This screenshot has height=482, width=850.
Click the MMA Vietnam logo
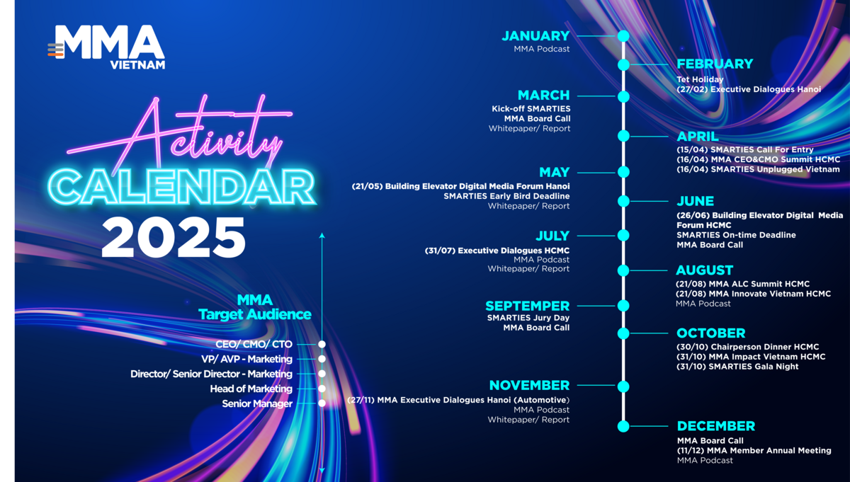tap(106, 47)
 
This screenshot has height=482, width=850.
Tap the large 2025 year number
tap(174, 238)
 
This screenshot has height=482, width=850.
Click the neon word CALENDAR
tap(181, 187)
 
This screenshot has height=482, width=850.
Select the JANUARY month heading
tap(535, 36)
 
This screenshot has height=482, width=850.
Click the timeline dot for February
tap(623, 65)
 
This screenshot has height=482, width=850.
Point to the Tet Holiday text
tap(700, 79)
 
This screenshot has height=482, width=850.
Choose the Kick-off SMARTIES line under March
tap(531, 109)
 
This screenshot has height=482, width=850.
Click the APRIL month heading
tap(698, 137)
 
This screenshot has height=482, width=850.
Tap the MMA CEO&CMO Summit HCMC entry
tap(758, 160)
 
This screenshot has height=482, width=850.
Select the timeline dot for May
tap(623, 172)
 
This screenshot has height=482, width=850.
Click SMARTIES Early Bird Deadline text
tap(506, 196)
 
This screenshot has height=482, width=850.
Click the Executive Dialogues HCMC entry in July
tap(497, 251)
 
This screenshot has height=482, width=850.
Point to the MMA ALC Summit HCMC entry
tap(742, 284)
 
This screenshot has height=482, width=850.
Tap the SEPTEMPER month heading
tap(528, 306)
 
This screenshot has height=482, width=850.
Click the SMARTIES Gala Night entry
tap(737, 367)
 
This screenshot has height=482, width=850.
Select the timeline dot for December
tap(623, 426)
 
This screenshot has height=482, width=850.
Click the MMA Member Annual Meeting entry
tap(754, 451)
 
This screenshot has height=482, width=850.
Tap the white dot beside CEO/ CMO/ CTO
tap(322, 345)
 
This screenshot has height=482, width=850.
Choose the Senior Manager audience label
tap(257, 404)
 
